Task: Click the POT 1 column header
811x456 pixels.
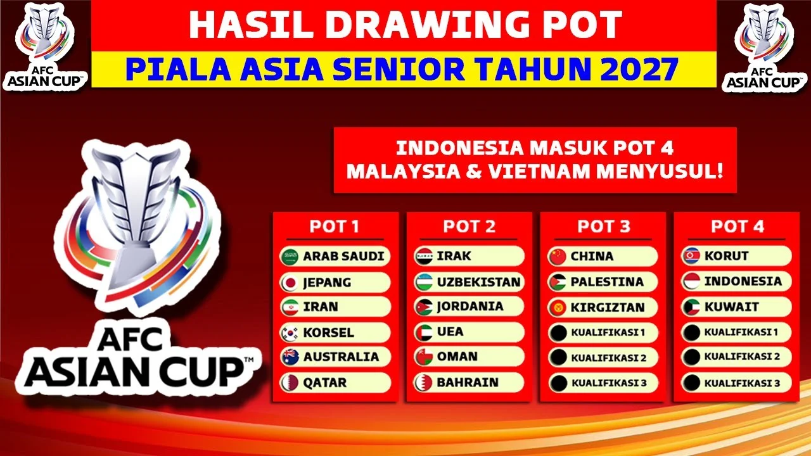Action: [x=334, y=227]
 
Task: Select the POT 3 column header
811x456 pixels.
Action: [x=604, y=227]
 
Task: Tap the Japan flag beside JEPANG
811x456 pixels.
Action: [x=290, y=282]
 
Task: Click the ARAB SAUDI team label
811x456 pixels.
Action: [x=343, y=256]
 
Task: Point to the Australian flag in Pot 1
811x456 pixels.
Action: [x=290, y=357]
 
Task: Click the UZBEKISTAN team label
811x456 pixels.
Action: [x=478, y=282]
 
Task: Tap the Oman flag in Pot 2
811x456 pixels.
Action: [x=424, y=357]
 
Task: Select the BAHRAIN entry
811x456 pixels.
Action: [x=468, y=383]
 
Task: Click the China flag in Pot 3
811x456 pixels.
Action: [x=558, y=256]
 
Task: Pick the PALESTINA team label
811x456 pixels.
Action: [x=607, y=282]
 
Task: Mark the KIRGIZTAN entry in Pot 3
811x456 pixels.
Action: [x=608, y=307]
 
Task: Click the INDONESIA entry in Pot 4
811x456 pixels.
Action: [x=743, y=281]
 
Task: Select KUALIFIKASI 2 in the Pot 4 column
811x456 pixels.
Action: [x=742, y=357]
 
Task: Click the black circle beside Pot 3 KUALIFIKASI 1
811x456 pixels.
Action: [x=558, y=332]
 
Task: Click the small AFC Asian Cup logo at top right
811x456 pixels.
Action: [x=766, y=46]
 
